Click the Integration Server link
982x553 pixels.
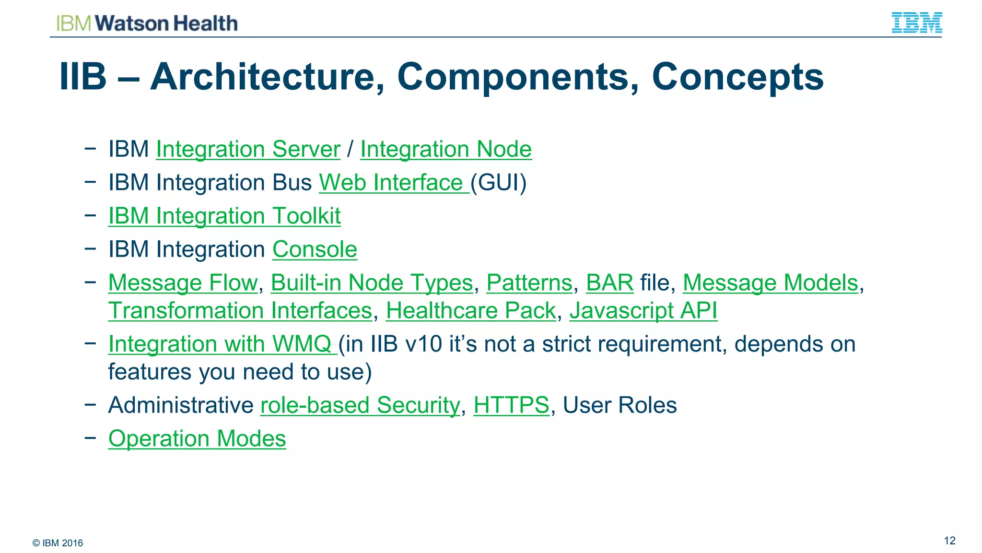tap(248, 149)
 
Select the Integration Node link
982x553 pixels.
tap(445, 149)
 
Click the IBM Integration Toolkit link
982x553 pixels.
tap(224, 216)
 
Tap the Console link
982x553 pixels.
tap(315, 249)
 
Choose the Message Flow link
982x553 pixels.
tap(183, 282)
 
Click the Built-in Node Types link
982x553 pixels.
tap(372, 282)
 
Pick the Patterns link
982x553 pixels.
tap(529, 282)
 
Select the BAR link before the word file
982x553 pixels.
tap(609, 282)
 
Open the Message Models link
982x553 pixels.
tap(770, 282)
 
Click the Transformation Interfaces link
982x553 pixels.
tap(240, 310)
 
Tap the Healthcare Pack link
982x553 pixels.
tap(470, 310)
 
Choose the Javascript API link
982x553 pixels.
tap(643, 310)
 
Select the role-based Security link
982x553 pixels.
tap(360, 405)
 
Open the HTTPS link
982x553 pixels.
tap(511, 405)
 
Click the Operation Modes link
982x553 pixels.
tap(197, 438)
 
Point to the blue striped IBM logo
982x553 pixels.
tap(916, 23)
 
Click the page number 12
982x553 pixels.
tap(949, 541)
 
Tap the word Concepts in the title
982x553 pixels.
tap(737, 77)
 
